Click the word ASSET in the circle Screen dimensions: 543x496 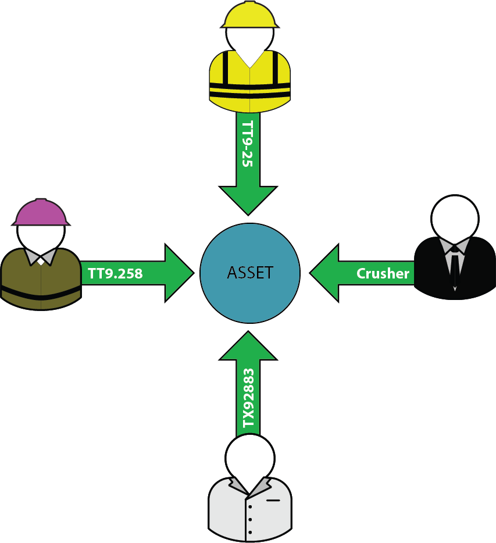250,273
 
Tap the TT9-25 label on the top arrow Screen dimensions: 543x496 248,145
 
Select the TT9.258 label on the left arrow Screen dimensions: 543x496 115,273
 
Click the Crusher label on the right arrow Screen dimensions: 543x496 383,273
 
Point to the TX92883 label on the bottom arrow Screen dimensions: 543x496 248,398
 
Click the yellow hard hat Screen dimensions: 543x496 249,14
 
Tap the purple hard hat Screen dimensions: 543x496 41,213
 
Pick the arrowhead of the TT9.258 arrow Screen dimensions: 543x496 178,273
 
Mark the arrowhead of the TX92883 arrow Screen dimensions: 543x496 248,346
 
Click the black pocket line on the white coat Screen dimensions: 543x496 273,499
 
